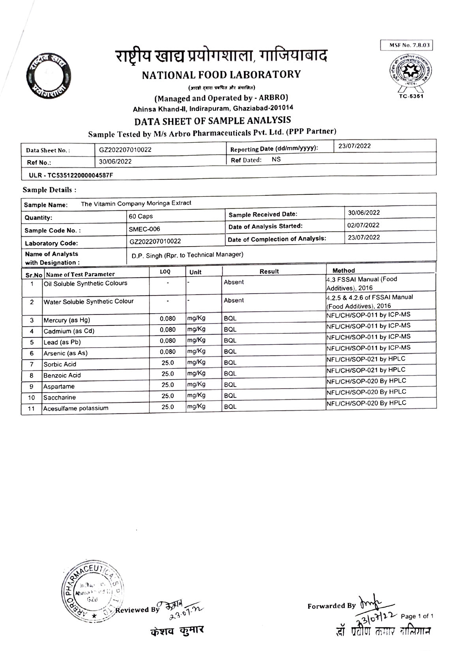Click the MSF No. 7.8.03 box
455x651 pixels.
point(406,45)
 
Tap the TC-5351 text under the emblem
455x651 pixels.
point(411,96)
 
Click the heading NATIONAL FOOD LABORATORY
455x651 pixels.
point(221,74)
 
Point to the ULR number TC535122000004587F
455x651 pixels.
point(71,175)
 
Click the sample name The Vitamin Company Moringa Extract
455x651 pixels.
point(136,204)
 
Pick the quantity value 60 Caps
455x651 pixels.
point(141,216)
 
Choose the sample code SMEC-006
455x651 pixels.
point(144,229)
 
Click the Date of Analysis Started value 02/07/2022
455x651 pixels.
point(363,225)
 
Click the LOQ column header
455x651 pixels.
point(165,272)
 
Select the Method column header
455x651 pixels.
point(343,271)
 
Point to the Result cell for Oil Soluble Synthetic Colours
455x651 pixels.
point(234,282)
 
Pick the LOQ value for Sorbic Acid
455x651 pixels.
point(167,363)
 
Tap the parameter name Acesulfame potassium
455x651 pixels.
point(76,408)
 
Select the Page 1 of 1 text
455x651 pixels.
point(417,616)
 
